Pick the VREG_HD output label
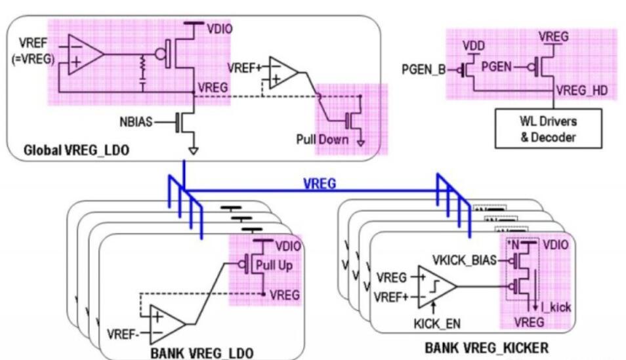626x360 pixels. (581, 91)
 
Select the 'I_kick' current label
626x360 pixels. (550, 305)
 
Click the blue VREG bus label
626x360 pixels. (320, 184)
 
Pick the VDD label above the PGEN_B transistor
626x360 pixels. (472, 47)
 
